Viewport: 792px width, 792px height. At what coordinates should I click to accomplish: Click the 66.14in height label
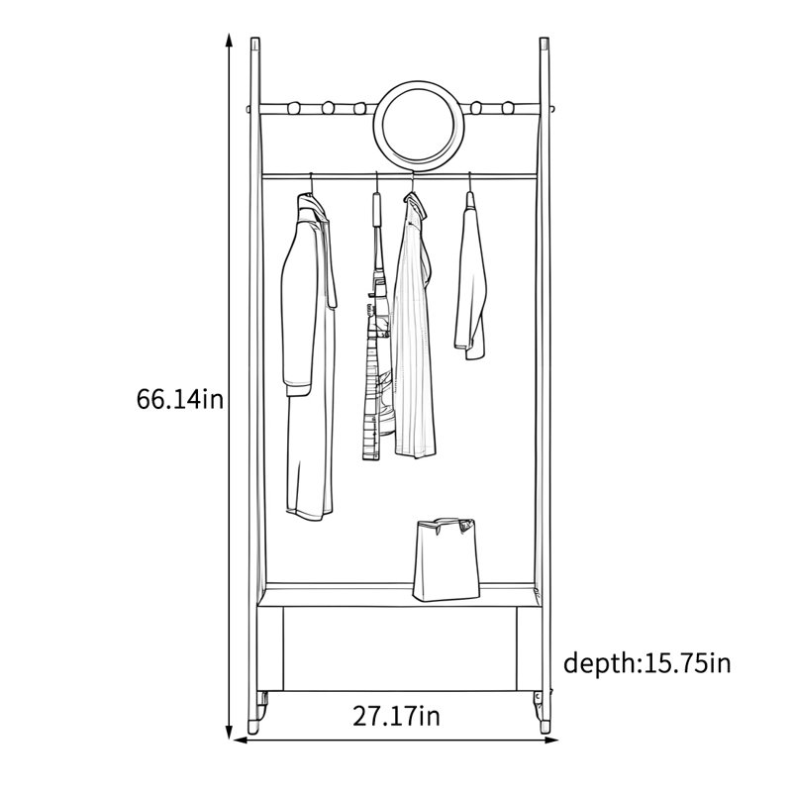tap(179, 400)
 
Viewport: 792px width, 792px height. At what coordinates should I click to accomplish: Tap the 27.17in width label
tap(396, 716)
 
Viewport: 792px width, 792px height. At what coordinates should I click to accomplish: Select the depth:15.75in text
tap(647, 662)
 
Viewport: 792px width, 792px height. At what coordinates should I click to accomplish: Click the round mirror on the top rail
tap(418, 125)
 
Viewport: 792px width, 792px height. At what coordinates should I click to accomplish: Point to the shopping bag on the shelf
tap(446, 559)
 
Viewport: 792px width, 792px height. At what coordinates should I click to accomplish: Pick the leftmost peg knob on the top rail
tap(294, 108)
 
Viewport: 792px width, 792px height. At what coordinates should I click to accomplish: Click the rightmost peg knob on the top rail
tap(508, 108)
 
